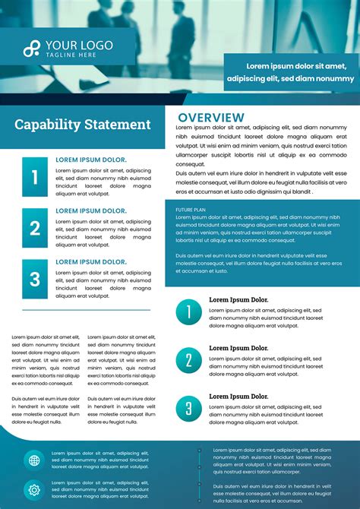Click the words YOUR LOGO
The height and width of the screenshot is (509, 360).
coord(79,46)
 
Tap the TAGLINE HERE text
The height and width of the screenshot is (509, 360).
coord(71,55)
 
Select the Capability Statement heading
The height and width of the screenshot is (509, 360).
coord(83,125)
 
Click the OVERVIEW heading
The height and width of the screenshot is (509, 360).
coord(211,118)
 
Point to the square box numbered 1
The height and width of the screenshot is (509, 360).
coord(35,177)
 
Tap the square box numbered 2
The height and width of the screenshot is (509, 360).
coord(35,228)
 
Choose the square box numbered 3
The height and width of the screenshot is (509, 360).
coord(35,279)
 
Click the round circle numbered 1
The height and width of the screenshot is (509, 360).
coord(189,312)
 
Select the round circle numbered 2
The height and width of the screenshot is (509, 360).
coord(189,360)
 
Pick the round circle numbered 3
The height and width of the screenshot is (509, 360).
coord(189,409)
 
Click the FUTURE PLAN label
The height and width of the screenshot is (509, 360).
coord(191,209)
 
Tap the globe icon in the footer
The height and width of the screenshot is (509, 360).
coord(33,460)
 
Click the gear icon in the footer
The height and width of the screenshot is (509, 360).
coord(33,489)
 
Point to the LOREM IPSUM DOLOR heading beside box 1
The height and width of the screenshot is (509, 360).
coord(91,160)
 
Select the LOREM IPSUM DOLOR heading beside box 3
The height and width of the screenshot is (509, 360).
coord(91,262)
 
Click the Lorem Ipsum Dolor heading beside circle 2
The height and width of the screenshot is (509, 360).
coord(238,348)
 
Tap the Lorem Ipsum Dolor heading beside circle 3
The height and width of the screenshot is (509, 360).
coord(238,397)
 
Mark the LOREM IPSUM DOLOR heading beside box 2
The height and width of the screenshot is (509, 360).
coord(91,211)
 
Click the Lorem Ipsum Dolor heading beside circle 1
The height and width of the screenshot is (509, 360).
coord(238,300)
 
